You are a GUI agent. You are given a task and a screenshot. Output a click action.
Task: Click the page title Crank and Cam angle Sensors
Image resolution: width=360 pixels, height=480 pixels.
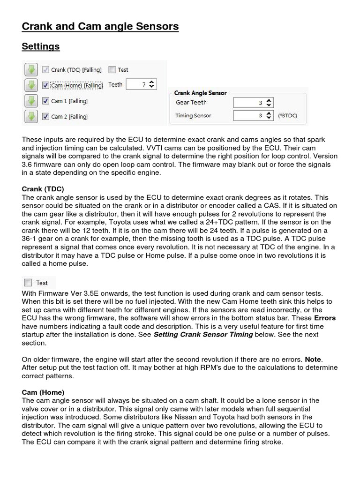[100, 27]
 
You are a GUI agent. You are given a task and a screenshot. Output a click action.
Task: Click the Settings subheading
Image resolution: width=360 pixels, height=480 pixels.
[41, 47]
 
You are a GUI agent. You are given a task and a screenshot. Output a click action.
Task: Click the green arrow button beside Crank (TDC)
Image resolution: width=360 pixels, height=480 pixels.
[31, 70]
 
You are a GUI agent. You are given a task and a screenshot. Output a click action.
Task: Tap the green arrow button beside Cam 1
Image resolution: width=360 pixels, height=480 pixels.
[31, 101]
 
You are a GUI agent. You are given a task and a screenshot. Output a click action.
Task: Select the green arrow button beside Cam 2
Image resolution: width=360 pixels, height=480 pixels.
[31, 116]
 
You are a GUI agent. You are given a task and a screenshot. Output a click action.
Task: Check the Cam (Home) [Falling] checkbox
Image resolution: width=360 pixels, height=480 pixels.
[45, 85]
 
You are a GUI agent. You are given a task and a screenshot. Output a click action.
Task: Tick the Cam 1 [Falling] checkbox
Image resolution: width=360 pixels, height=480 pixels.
[45, 101]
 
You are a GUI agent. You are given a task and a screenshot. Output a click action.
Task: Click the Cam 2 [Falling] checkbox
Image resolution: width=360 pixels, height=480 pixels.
[45, 116]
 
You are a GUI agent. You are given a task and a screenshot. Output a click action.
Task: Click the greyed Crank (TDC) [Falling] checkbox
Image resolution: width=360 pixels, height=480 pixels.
[45, 70]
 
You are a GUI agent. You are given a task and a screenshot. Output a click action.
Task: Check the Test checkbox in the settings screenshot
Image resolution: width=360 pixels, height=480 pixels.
[112, 70]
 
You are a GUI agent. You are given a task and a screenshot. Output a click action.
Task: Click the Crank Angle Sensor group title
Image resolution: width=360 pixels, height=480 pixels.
[200, 93]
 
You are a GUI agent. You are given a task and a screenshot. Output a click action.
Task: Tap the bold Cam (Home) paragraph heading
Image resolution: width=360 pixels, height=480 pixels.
[43, 392]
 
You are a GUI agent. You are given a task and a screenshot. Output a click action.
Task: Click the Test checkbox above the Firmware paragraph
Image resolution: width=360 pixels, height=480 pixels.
[28, 283]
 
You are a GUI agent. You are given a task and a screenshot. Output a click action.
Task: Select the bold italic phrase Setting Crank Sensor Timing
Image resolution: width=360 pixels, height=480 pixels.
[203, 334]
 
